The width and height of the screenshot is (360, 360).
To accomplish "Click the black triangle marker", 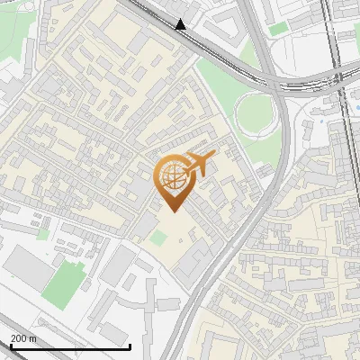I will tap(181, 24).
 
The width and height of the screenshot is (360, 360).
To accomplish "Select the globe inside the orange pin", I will tap(171, 177).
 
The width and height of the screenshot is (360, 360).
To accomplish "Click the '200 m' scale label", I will tap(23, 338).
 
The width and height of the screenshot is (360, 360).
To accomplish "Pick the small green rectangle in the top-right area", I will tap(280, 29).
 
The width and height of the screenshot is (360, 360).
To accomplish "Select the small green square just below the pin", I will tap(158, 238).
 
